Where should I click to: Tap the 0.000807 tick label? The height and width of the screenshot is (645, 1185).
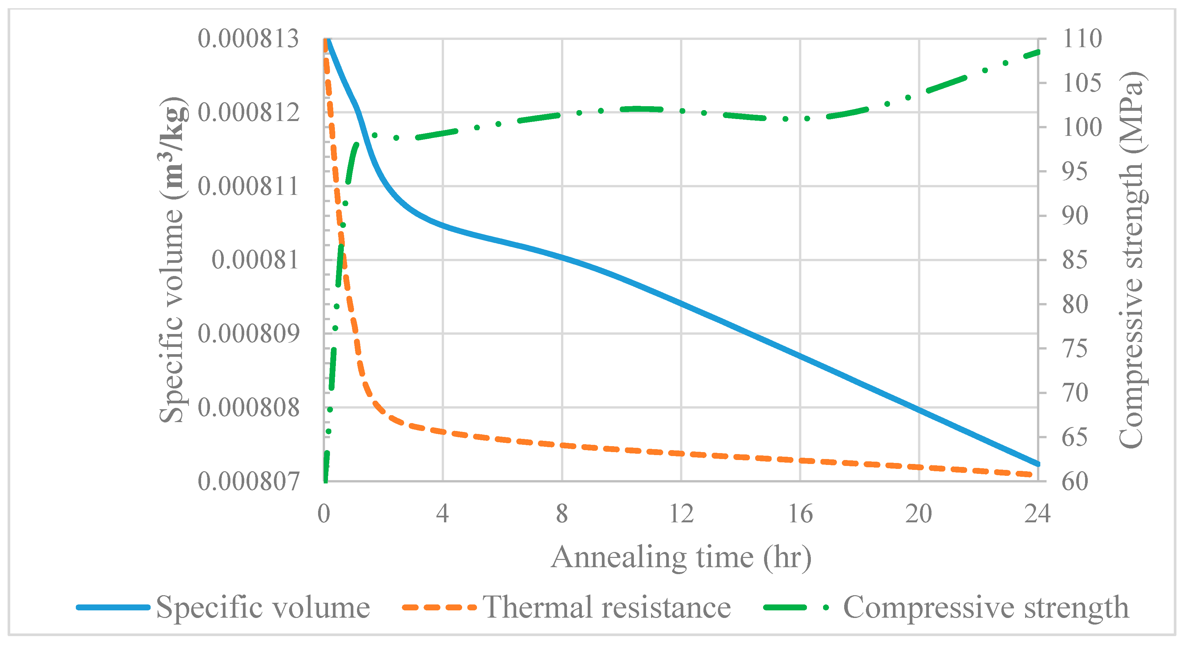pos(249,482)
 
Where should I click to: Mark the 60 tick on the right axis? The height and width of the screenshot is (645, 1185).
pos(1075,482)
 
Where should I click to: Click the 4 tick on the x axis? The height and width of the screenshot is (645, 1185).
pos(443,514)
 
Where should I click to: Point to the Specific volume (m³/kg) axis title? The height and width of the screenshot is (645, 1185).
pos(172,260)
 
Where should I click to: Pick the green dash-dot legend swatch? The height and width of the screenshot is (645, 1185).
pos(796,607)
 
